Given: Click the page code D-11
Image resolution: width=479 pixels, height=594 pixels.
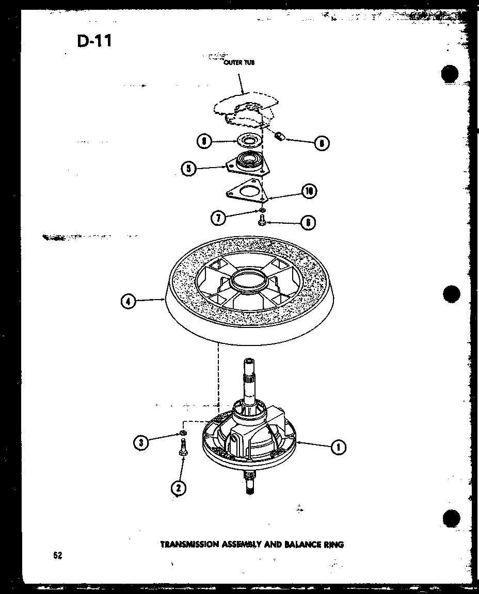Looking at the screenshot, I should [94, 41].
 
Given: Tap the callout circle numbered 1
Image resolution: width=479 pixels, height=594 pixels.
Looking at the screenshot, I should [338, 447].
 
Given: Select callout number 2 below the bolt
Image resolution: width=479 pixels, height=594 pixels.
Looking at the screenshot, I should [179, 487].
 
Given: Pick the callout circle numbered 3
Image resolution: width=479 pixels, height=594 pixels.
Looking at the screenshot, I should [140, 441].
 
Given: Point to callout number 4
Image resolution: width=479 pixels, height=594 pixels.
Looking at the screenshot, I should [129, 302].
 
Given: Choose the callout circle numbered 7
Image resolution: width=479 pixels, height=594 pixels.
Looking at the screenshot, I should [218, 218].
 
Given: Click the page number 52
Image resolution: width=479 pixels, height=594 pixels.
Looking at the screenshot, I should [57, 555].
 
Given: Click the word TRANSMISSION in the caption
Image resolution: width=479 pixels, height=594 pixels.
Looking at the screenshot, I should [190, 544].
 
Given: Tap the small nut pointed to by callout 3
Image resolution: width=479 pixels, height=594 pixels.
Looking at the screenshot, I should [183, 432].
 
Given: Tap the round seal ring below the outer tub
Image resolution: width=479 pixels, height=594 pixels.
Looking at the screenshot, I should [248, 140].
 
